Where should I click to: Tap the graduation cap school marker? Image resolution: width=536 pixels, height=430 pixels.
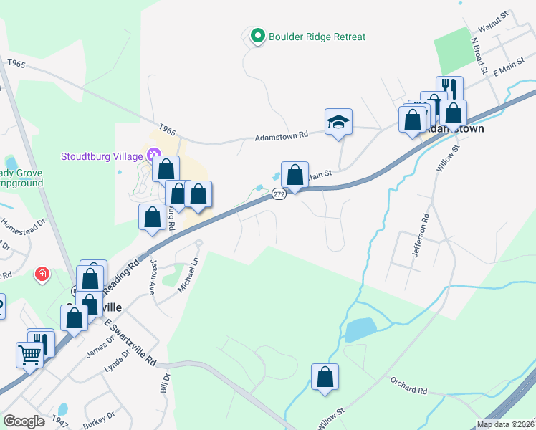(338, 122)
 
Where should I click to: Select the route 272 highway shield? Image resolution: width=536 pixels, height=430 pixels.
(279, 194)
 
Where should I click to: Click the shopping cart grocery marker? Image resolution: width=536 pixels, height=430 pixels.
(29, 355)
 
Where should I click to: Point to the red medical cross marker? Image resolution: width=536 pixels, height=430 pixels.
(42, 274)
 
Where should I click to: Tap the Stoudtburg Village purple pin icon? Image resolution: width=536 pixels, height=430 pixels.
(153, 155)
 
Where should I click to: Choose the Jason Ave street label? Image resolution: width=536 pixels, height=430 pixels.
(152, 277)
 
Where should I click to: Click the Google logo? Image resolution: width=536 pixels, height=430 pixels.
(24, 421)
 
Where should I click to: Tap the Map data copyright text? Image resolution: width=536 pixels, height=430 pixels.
(504, 424)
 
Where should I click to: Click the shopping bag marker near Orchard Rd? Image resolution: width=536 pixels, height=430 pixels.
(325, 377)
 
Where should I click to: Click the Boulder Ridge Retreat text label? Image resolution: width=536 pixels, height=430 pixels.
(317, 37)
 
